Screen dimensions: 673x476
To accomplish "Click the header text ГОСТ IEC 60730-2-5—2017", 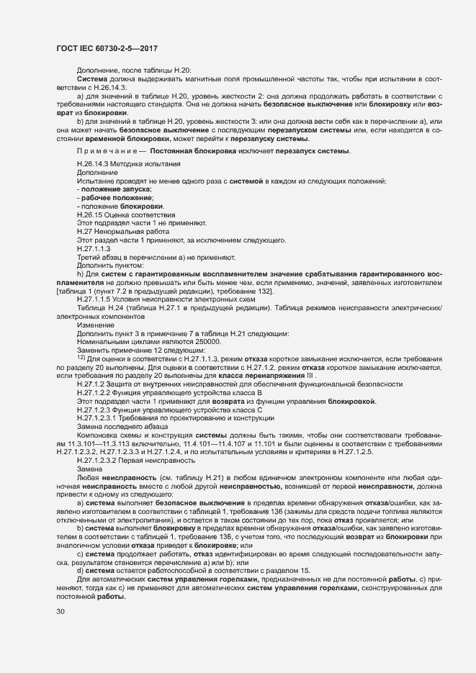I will point(107,48).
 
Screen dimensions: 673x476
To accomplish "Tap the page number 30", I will point(60,612).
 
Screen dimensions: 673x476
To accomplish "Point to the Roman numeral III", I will point(309,375).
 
